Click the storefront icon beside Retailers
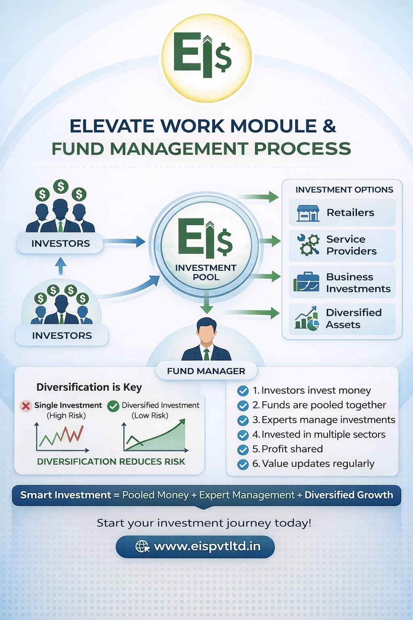coord(308,213)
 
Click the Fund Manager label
coord(206,371)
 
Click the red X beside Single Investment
coord(26,406)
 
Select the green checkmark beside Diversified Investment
coord(113,406)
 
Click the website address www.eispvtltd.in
coord(207,546)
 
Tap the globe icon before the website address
coord(142,547)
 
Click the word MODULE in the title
coord(273,126)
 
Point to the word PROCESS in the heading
coord(302,149)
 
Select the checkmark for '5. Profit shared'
coord(243,449)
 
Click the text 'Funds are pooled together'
coord(323,405)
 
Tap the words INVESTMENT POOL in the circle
coord(206,272)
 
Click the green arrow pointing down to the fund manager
coord(206,302)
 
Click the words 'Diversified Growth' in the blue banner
coord(348,494)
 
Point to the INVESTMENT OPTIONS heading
coord(344,190)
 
